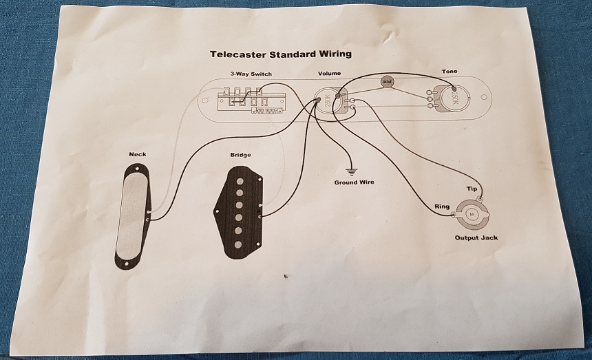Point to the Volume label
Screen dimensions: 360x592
[328, 74]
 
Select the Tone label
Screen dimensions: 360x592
[449, 72]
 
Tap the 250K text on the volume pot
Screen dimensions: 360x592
[328, 103]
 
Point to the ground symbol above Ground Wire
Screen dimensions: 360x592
[352, 169]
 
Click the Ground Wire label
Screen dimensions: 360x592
[355, 182]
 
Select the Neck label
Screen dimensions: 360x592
[137, 154]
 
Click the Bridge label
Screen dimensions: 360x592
[241, 155]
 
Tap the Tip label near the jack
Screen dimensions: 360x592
[472, 189]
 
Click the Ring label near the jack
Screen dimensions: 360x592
[442, 207]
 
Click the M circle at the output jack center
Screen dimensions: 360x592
[472, 214]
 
